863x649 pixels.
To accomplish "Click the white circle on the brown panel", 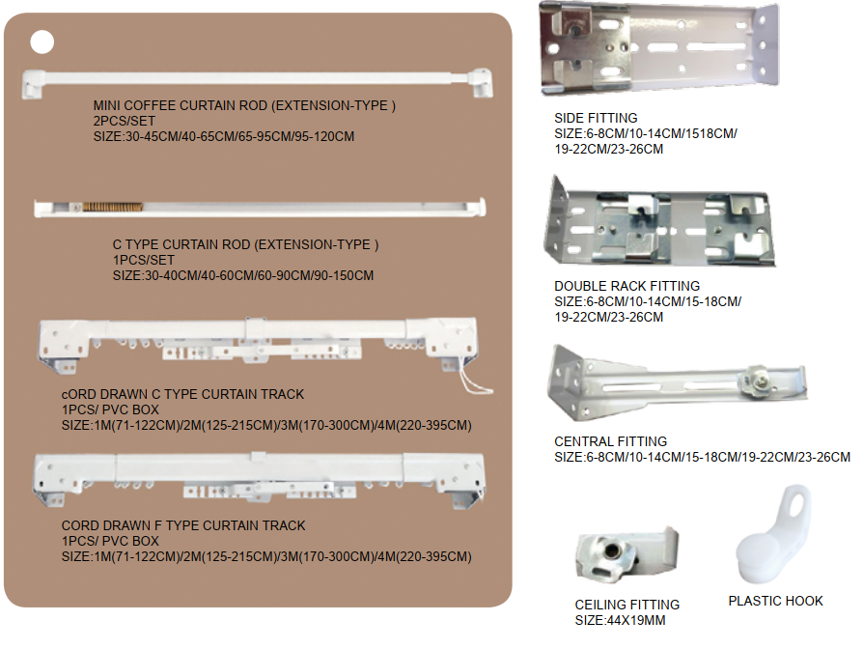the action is (42, 42).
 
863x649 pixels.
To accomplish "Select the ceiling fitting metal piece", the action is (626, 552).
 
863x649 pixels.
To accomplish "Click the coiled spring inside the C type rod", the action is (112, 207).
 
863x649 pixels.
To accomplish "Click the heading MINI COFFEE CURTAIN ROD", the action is (244, 105).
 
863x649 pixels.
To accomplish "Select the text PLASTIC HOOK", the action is (775, 601).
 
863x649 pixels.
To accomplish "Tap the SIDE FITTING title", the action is (596, 118).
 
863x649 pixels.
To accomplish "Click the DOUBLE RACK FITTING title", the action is (626, 286).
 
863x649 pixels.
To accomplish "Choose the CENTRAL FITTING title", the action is (610, 441).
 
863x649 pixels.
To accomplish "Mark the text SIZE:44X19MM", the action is (620, 620).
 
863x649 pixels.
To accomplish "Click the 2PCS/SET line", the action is (125, 121).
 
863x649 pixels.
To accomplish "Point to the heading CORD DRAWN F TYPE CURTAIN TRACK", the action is (183, 525).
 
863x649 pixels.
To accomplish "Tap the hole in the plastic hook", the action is (797, 505).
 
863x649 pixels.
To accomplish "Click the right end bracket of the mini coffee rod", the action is (481, 82).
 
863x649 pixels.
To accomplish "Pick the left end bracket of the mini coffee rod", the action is (33, 84).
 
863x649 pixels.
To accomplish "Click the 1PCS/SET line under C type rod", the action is (144, 260).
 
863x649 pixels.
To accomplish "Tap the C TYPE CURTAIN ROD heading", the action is (245, 244).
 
